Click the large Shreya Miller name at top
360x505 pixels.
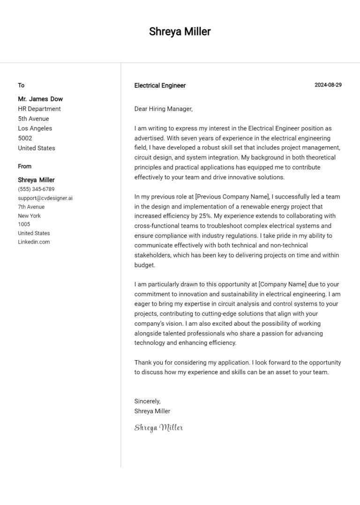tap(180, 31)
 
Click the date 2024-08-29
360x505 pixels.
tap(328, 85)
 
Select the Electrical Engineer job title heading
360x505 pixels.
tap(160, 85)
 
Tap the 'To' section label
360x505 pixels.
tap(21, 85)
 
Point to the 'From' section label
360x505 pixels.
tap(25, 166)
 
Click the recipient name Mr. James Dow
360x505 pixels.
tap(40, 99)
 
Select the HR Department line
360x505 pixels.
tap(39, 109)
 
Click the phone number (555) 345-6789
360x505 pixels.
tap(36, 189)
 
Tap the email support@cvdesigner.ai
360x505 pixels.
tap(45, 198)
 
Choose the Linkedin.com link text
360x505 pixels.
tap(34, 242)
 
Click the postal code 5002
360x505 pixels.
tap(25, 138)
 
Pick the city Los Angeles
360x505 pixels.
tap(35, 128)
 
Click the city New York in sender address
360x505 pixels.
tap(30, 216)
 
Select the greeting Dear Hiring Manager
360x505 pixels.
tap(163, 109)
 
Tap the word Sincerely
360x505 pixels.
tap(147, 401)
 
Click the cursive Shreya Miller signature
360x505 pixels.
tap(158, 427)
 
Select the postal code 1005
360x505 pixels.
tap(24, 224)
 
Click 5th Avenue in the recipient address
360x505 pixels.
tap(33, 119)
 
